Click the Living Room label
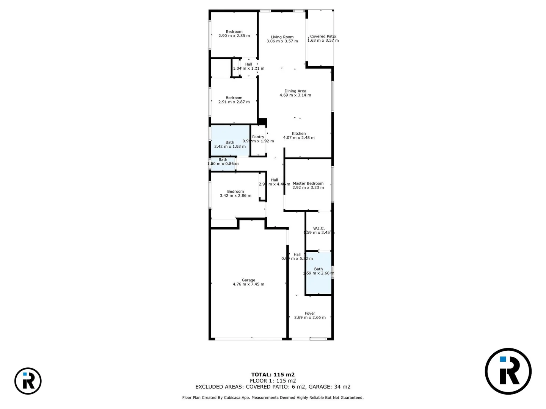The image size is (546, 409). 282,37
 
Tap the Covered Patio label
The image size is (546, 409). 323,36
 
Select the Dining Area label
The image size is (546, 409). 295,91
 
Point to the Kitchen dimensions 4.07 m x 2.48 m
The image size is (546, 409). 299,138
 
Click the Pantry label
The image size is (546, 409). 258,137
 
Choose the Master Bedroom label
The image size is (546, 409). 308,183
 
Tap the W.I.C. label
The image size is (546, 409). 318,228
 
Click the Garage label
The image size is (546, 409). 248,280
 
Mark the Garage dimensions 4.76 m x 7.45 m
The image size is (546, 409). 248,284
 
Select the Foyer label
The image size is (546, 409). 310,313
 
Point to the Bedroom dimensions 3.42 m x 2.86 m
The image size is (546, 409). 235,196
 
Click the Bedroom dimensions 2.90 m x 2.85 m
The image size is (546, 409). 234,36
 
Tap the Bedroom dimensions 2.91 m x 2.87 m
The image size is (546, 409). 234,102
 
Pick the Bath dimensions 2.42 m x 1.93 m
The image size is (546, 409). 230,147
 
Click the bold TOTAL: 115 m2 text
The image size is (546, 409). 273,375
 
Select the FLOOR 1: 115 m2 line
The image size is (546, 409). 273,381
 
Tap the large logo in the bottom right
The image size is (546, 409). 508,371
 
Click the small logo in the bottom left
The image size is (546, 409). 28,381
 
